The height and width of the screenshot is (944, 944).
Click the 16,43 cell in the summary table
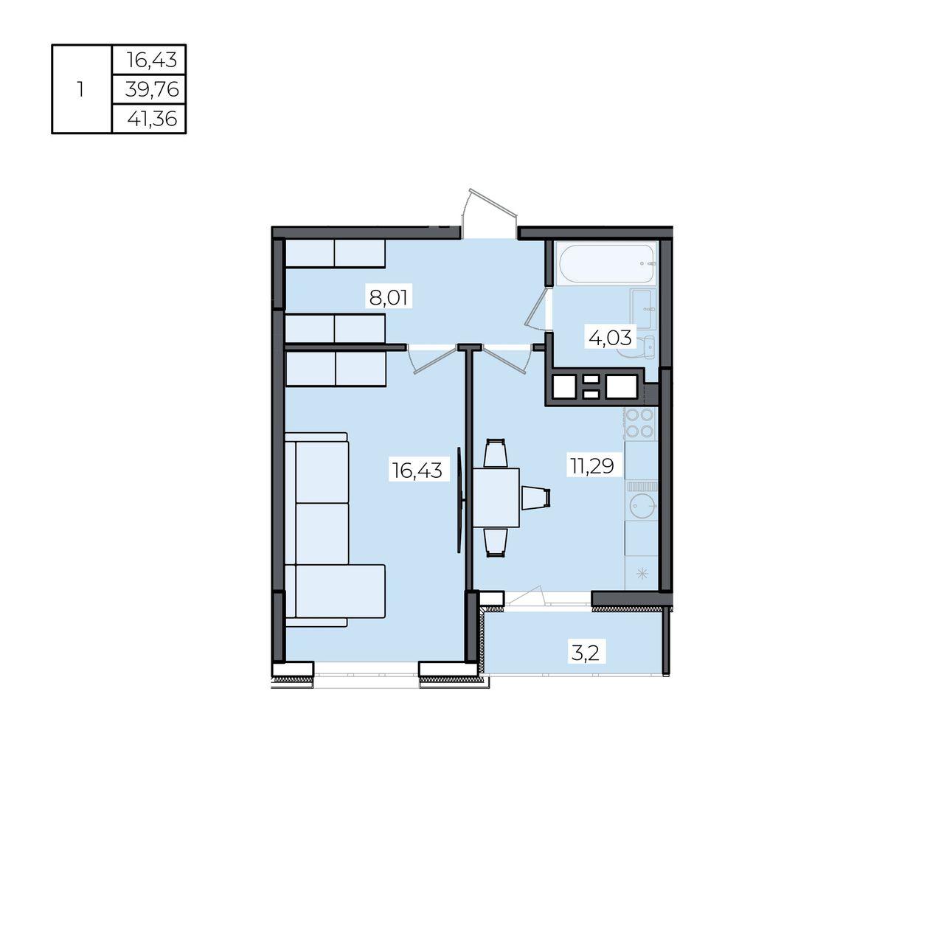(x=151, y=60)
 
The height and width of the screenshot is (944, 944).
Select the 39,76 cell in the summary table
(x=152, y=90)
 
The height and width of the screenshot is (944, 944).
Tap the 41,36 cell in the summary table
(x=152, y=119)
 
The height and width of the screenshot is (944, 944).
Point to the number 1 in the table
(x=80, y=90)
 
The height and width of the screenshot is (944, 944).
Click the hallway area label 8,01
(x=388, y=297)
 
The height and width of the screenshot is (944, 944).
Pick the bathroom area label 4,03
(x=610, y=338)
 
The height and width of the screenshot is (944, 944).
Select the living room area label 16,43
(x=417, y=470)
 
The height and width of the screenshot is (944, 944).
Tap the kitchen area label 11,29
(x=591, y=465)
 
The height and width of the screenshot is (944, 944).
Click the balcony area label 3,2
(x=586, y=653)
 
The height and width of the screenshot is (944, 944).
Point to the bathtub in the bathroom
(x=606, y=263)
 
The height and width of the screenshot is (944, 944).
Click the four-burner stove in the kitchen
(x=640, y=423)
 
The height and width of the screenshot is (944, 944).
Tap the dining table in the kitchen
(x=496, y=497)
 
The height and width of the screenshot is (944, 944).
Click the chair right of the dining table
(x=535, y=497)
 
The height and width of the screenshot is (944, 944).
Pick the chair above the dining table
(x=495, y=453)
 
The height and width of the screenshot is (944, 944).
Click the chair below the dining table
(x=495, y=542)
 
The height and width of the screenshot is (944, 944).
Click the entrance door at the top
(x=490, y=214)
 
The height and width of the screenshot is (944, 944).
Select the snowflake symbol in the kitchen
(x=642, y=573)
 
